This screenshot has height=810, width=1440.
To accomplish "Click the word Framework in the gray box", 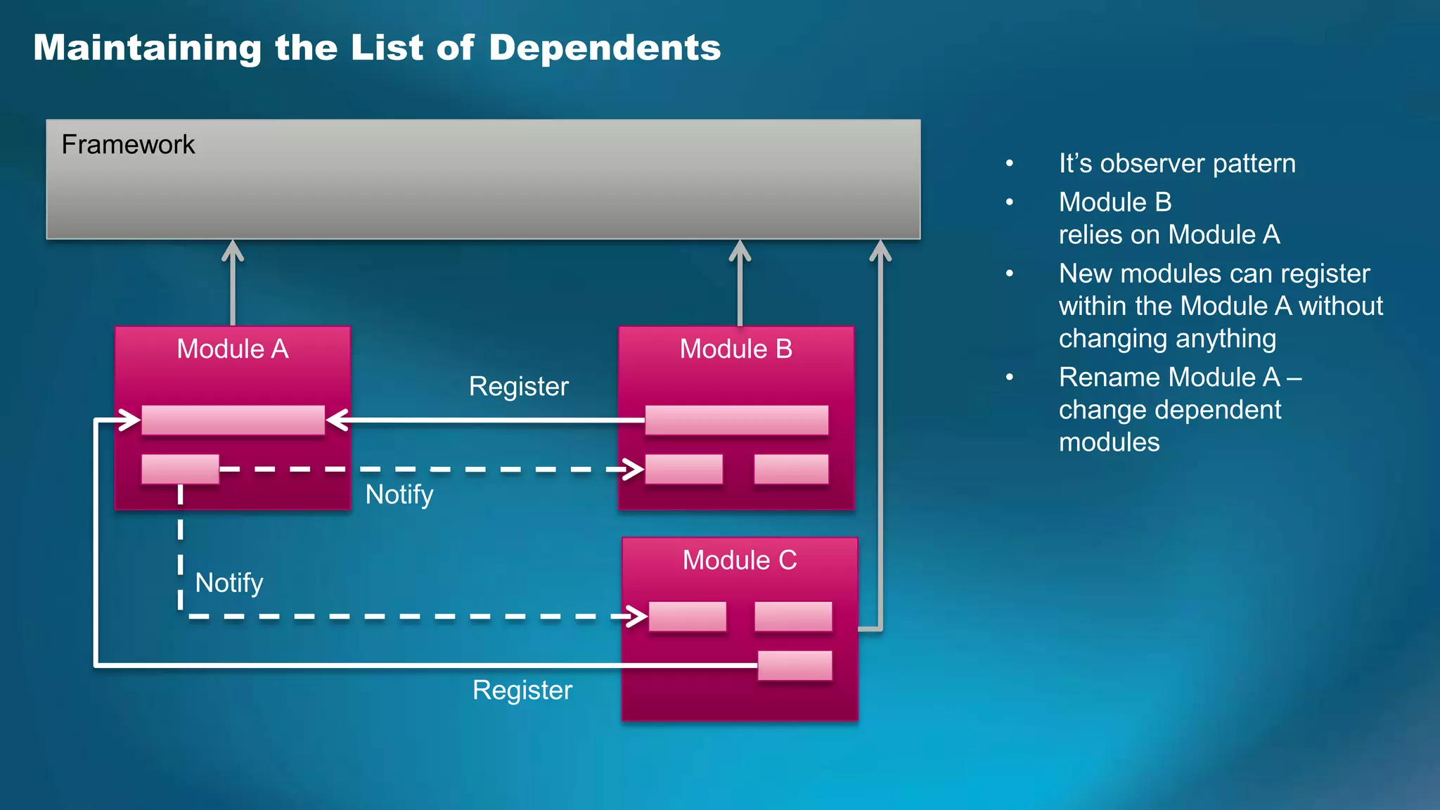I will (x=128, y=145).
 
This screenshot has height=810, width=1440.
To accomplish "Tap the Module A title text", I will (x=233, y=349).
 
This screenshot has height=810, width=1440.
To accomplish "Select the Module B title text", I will (x=735, y=349).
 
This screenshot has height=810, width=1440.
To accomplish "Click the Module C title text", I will (x=740, y=560).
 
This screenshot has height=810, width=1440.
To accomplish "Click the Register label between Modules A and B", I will (x=518, y=387).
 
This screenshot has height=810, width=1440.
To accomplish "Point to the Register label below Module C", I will (x=522, y=690).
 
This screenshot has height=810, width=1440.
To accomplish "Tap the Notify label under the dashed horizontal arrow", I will (x=399, y=495).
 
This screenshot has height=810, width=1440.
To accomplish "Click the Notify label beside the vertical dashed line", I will (x=229, y=583).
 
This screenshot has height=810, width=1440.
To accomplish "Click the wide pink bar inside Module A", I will (x=233, y=420).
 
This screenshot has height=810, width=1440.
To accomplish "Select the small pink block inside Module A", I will (x=180, y=469).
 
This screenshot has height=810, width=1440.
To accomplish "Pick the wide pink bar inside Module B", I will (x=736, y=420).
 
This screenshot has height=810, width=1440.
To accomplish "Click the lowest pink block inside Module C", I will (x=795, y=665).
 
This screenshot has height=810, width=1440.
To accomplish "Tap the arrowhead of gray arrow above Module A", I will (x=233, y=250).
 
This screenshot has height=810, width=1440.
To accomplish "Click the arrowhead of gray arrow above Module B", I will (x=740, y=250).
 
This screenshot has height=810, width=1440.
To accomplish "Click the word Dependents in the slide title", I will (x=605, y=48).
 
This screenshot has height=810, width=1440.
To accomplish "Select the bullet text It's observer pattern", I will (x=1176, y=164).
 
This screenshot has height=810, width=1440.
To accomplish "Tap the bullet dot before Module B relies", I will (x=1010, y=202).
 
